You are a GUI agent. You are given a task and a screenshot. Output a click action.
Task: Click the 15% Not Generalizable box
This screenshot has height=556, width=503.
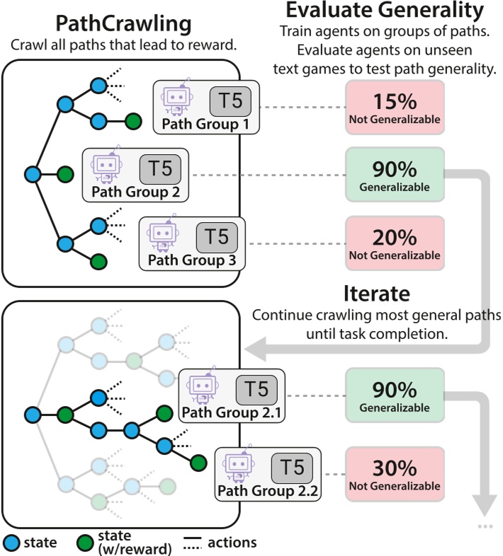[395, 107]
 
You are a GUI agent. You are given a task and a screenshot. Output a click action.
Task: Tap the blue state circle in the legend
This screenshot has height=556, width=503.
[12, 543]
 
